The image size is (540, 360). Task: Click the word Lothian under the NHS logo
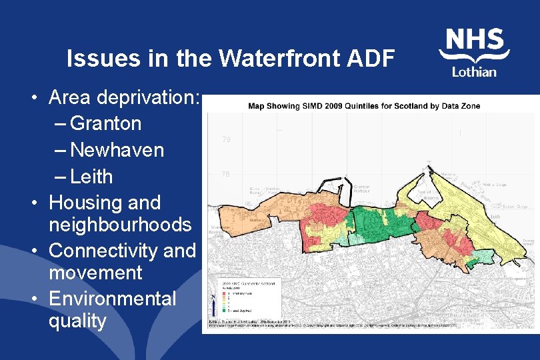pos(474,71)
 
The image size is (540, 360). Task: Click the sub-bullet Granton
pos(105,123)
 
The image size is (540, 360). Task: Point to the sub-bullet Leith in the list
pos(91,177)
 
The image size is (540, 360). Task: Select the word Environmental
pos(113,298)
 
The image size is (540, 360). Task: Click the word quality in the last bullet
pos(77,321)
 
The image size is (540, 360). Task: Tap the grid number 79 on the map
pos(226,140)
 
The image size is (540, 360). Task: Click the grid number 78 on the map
pos(226,173)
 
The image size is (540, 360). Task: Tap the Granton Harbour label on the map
pos(362,190)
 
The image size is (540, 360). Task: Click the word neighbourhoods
pos(120,225)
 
